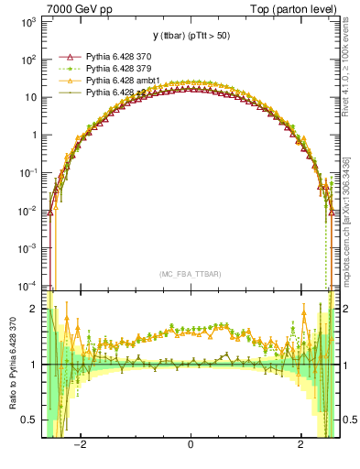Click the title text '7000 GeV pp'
[75, 7]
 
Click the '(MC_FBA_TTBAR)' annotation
[190, 274]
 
